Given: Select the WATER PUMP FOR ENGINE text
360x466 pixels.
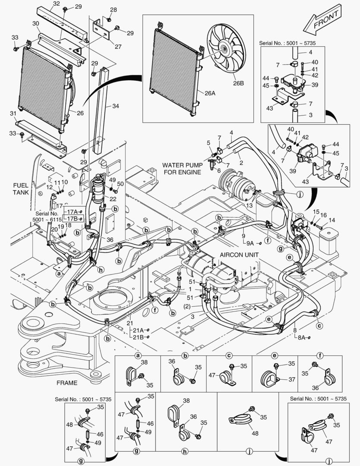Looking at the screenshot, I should (182, 169).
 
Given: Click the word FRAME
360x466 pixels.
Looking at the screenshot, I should (67, 383).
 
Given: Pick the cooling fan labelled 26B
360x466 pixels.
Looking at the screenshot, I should (226, 50).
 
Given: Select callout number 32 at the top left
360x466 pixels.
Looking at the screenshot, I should (56, 4).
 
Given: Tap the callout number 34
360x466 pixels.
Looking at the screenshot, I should (115, 106).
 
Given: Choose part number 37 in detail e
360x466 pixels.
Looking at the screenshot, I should (291, 380).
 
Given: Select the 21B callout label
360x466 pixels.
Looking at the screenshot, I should (138, 337).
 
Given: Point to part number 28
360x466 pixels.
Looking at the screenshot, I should (113, 9).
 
